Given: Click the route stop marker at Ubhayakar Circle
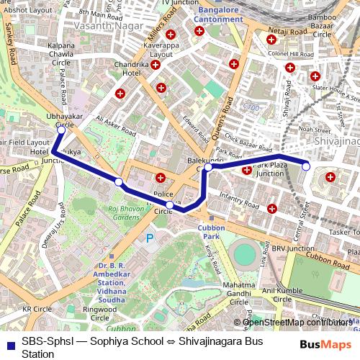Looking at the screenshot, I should click(x=61, y=130).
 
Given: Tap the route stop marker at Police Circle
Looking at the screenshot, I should click(x=169, y=205).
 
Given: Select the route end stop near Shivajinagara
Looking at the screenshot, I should click(x=306, y=166).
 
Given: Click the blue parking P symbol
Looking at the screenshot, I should click(x=150, y=238).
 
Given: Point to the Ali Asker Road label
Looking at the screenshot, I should click(x=115, y=127).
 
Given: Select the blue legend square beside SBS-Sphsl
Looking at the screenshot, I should click(x=9, y=343).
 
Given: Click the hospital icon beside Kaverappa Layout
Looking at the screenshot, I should click(x=171, y=35).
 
